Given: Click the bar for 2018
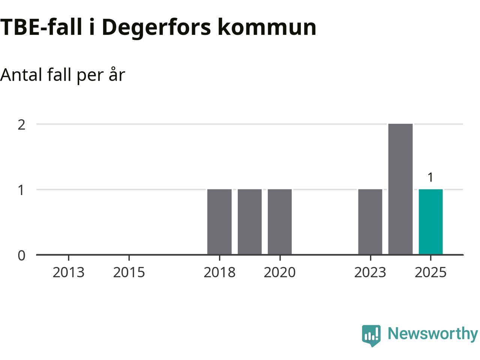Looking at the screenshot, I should [x=219, y=222].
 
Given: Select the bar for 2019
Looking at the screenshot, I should [x=250, y=222].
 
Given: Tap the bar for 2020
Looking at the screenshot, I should [x=280, y=222].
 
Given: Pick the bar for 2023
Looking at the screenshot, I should [x=370, y=222].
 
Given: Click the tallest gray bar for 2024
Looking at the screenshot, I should [x=400, y=189].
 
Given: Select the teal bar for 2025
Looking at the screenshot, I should [x=430, y=222].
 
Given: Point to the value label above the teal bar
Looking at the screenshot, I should [x=430, y=177].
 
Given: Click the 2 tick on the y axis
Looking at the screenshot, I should [x=22, y=124].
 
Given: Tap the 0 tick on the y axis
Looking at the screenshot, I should [x=22, y=255].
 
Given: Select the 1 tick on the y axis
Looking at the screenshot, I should [x=22, y=190].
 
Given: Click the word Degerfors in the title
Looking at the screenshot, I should [x=156, y=28].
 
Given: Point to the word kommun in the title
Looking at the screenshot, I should [x=267, y=28].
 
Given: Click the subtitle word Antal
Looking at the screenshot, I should [x=21, y=75].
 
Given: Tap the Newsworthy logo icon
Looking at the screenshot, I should [x=371, y=335].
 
